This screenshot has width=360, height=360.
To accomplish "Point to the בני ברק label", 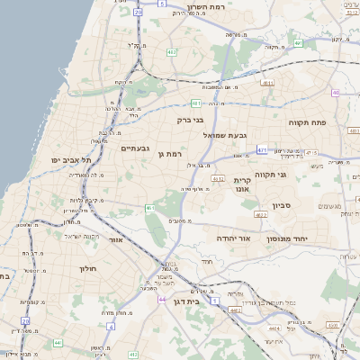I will click(x=188, y=118).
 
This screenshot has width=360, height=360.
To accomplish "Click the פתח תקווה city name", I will click(x=307, y=121).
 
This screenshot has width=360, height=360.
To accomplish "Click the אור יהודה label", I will click(x=232, y=238).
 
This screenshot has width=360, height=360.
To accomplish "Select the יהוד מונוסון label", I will click(x=288, y=238).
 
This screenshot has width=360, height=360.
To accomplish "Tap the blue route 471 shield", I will click(x=262, y=150).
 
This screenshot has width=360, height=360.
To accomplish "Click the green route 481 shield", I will click(x=195, y=103).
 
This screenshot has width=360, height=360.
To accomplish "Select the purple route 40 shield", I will click(x=334, y=93).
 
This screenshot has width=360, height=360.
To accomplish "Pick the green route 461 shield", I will click(x=149, y=209).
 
